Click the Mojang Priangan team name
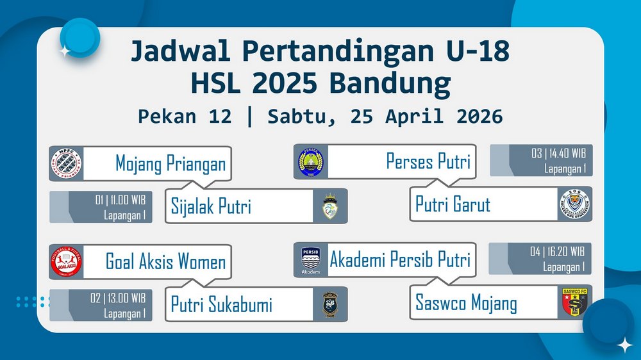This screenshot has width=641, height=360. click(171, 164)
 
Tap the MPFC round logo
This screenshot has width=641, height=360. click(66, 163)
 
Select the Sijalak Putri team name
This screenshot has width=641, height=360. click(211, 206)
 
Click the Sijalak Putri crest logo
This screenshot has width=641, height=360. click(330, 206)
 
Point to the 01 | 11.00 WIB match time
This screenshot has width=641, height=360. click(121, 200)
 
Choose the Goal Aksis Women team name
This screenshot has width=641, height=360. click(165, 261)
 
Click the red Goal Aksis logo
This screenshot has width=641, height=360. click(66, 262)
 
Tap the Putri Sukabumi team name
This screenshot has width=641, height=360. click(221, 305)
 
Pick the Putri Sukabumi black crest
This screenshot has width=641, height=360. click(330, 304)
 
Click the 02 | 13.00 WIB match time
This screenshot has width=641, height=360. click(118, 299)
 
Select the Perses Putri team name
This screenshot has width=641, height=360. click(428, 161)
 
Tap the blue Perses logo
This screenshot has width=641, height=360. click(311, 162)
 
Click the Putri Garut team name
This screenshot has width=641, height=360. click(453, 204)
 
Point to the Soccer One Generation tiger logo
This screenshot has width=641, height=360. click(575, 204)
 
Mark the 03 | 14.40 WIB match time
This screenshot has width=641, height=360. click(558, 153)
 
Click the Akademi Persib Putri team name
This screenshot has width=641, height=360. click(400, 259)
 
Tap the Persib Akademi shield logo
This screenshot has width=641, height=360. click(311, 260)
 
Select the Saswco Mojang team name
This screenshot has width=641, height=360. click(466, 303)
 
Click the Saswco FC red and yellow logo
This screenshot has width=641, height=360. click(575, 302)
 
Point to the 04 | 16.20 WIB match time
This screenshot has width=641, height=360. click(557, 251)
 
